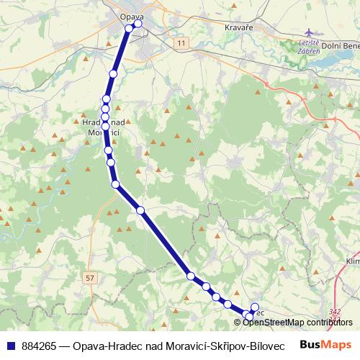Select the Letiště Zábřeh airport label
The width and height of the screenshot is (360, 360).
[309, 48]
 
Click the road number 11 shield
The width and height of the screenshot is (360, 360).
[181, 44]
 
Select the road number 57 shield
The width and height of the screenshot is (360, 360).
[89, 276]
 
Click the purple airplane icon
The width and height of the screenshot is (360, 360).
[310, 33]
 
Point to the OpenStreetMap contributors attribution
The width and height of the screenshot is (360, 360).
[297, 322]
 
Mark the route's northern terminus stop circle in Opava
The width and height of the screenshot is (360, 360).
[138, 24]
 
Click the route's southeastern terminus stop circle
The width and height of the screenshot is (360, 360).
[250, 317]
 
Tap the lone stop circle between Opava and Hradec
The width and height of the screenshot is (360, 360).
[113, 74]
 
